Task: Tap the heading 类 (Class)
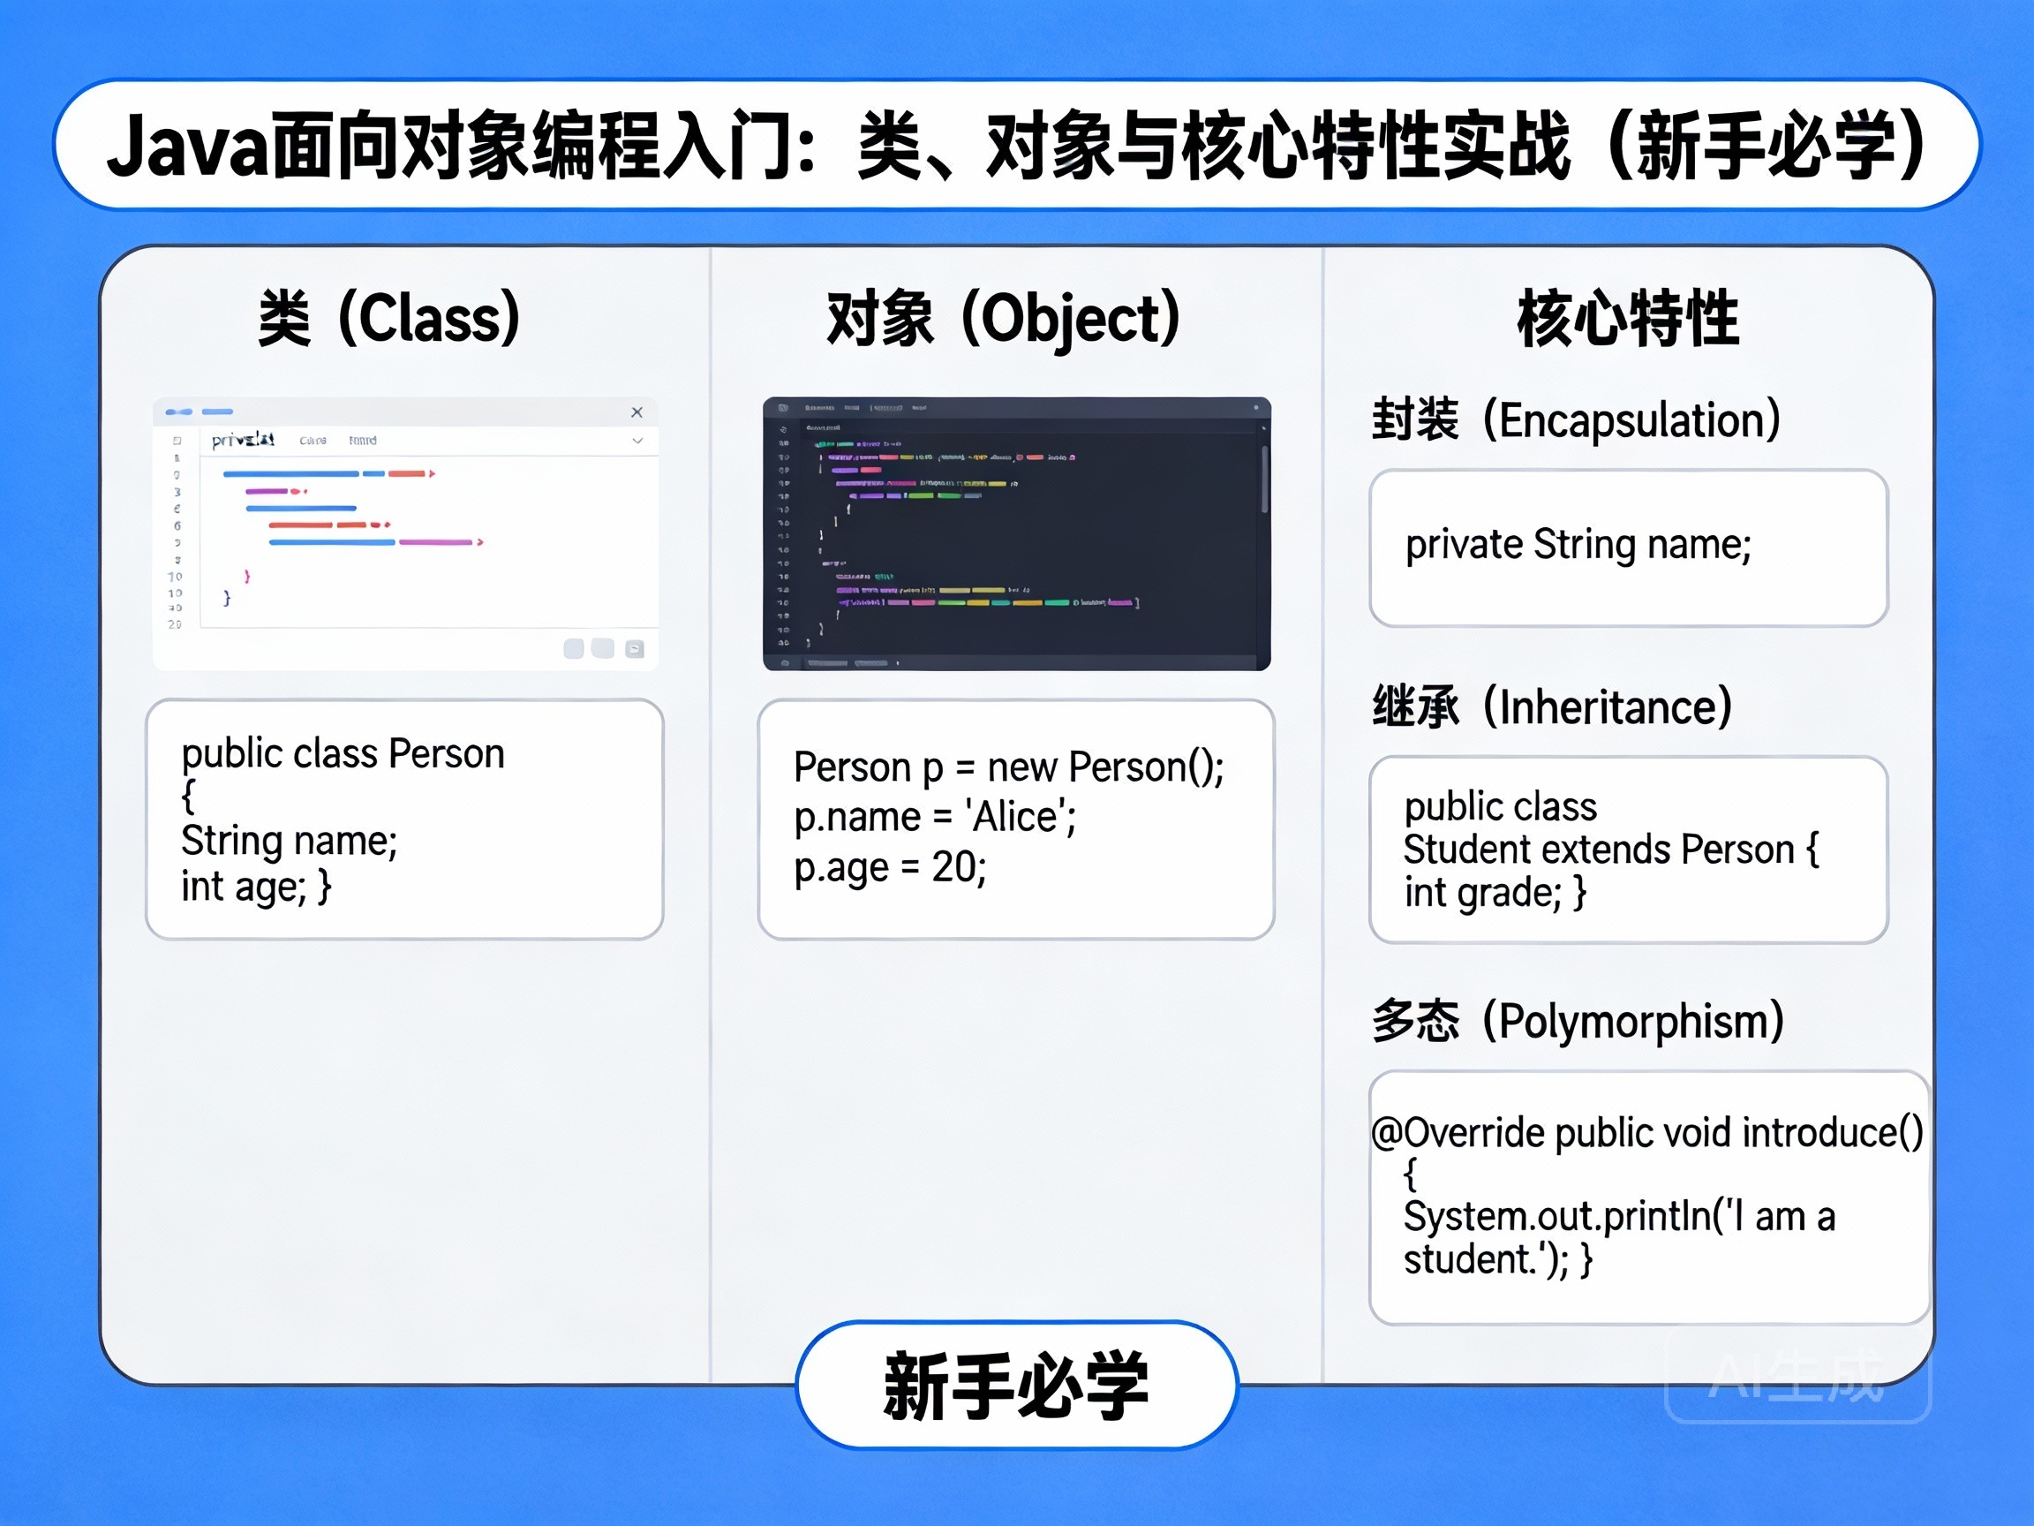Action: (x=389, y=318)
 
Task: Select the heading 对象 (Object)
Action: (x=1003, y=318)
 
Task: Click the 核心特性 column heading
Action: (x=1628, y=318)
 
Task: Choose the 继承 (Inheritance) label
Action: (x=1552, y=707)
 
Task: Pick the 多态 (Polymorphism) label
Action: (x=1578, y=1021)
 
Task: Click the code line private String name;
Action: (x=1578, y=545)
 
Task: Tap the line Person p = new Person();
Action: (x=1009, y=767)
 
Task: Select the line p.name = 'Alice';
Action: (x=934, y=817)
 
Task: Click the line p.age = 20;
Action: (x=889, y=867)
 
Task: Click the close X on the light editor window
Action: (x=637, y=412)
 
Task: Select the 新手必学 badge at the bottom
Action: (x=1016, y=1386)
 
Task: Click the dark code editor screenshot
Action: (x=1016, y=533)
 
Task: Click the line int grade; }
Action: (x=1495, y=893)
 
